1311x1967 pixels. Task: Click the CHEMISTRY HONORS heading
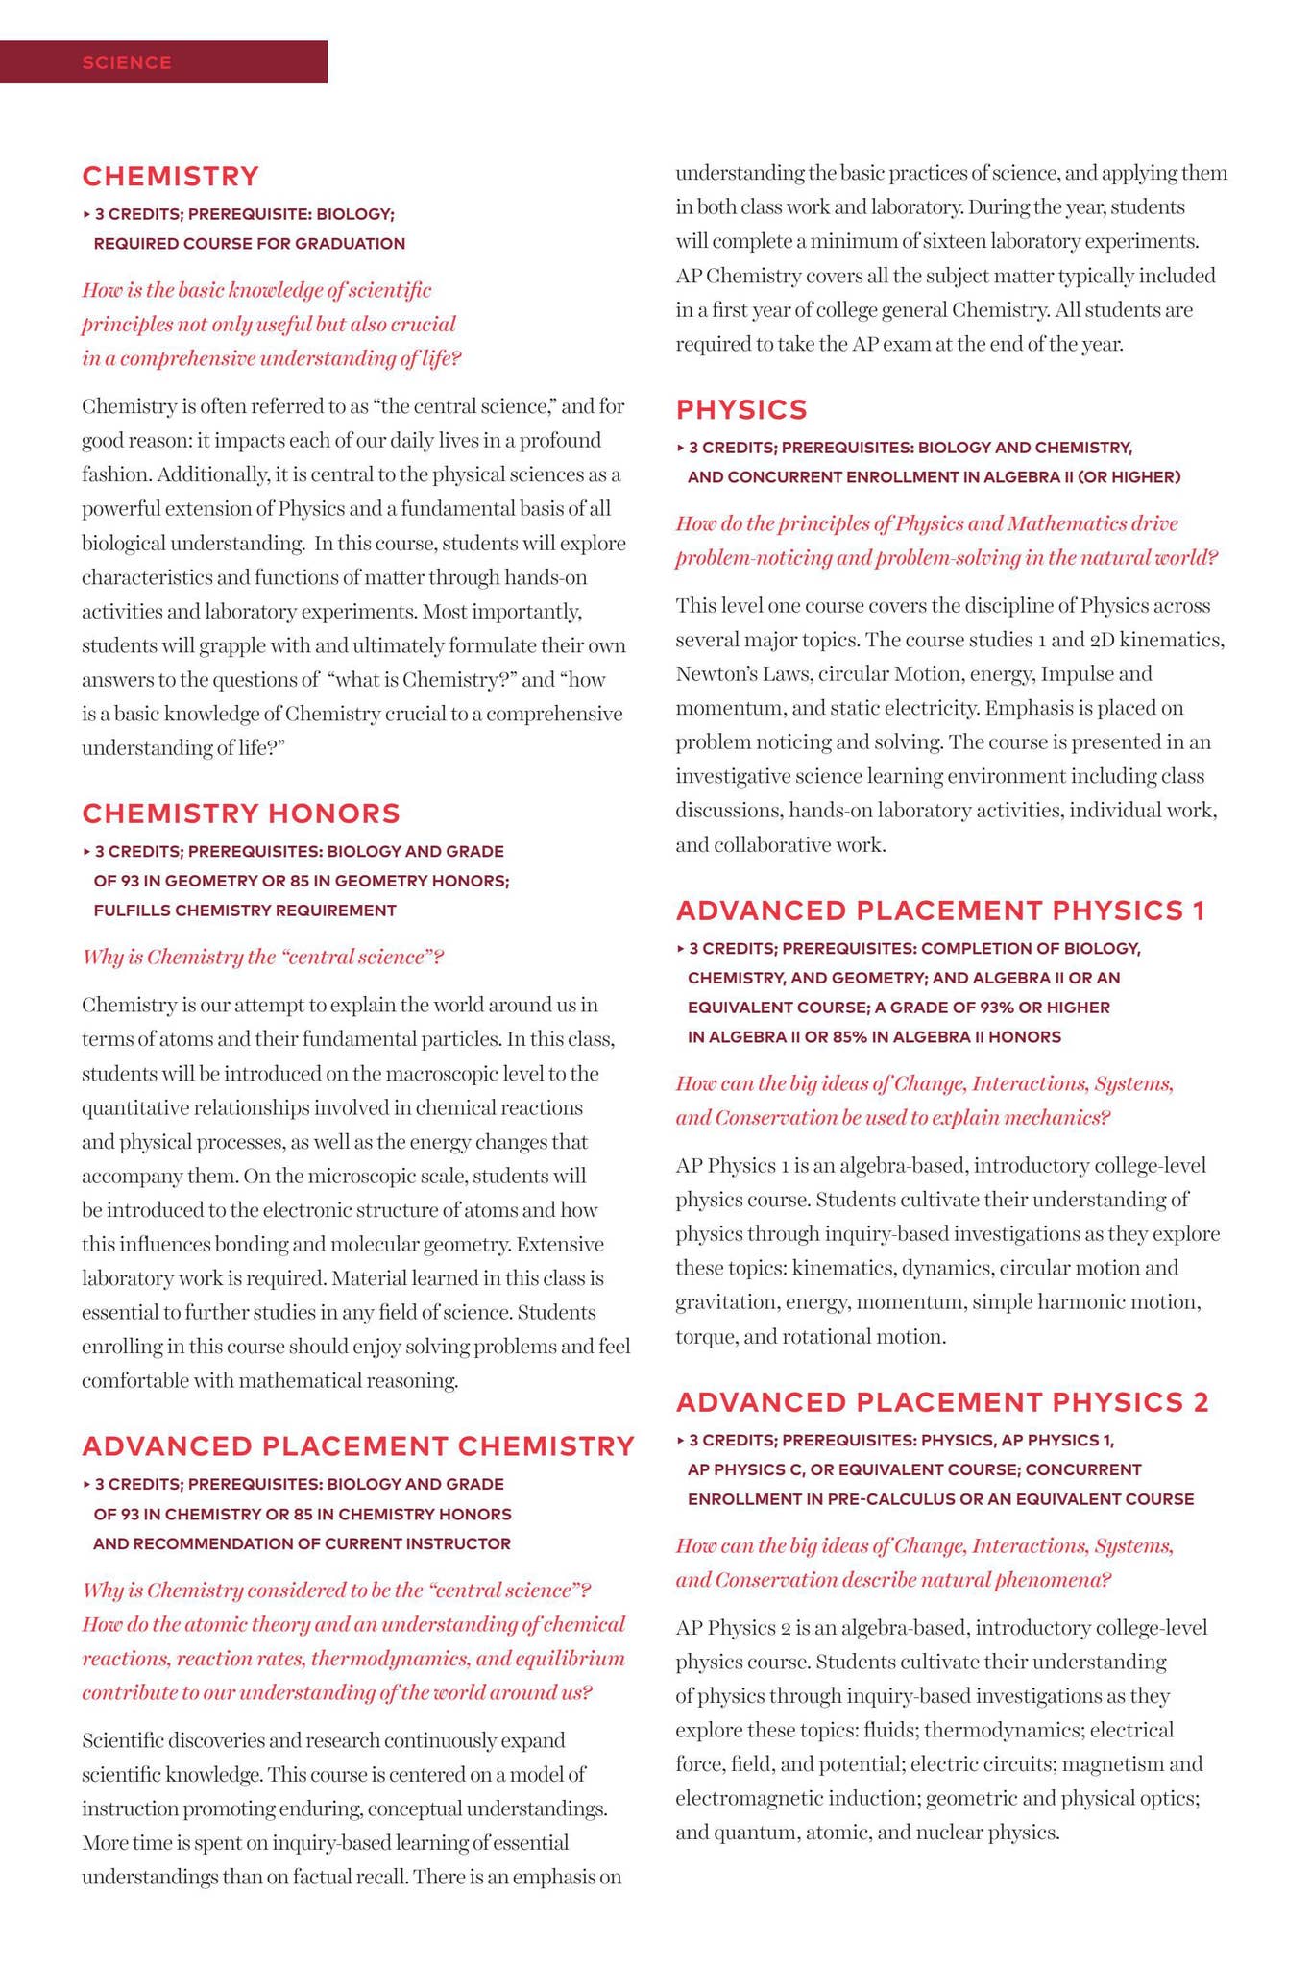coord(241,814)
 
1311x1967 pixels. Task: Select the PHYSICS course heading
coord(741,410)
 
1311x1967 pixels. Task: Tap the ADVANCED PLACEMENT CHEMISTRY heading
coord(358,1446)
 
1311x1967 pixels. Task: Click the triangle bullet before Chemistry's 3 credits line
coord(86,214)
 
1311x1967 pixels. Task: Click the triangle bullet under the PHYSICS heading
coord(681,448)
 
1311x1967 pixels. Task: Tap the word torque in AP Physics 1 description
coord(704,1337)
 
